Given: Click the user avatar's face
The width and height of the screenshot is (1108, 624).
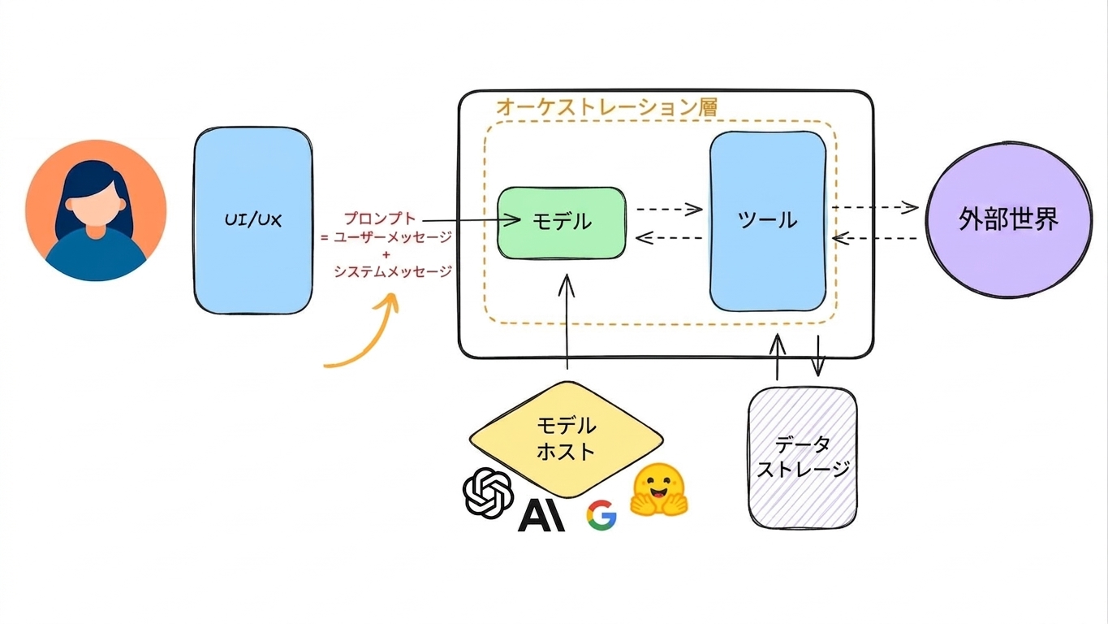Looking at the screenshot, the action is (96, 202).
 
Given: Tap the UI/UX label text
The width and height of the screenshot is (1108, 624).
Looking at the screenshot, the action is (253, 220).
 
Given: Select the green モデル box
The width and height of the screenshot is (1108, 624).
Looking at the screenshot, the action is (562, 223).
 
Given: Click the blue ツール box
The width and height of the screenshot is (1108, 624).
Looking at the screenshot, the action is (768, 221).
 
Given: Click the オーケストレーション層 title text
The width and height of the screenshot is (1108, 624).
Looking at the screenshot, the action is (607, 107).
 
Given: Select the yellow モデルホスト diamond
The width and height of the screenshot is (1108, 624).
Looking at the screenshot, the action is (567, 440).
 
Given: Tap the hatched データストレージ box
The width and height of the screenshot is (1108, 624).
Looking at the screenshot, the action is (802, 457).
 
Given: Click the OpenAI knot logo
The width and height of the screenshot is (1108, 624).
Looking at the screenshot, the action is (488, 492).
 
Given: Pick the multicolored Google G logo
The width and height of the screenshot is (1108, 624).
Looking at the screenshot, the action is (601, 515).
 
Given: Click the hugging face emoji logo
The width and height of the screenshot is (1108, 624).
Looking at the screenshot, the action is (659, 490).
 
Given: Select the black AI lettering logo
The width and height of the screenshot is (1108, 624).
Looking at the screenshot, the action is (541, 516).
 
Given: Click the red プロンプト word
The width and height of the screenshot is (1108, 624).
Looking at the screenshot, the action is (380, 219).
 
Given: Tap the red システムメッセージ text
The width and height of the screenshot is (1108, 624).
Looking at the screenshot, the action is (393, 271).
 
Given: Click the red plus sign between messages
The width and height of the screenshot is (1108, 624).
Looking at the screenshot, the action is (386, 255).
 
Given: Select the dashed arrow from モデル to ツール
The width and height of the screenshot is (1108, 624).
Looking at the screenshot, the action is (669, 209).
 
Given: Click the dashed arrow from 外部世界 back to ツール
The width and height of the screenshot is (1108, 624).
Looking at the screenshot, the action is (874, 238).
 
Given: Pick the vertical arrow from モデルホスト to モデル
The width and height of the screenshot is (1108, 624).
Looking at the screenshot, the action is (567, 322).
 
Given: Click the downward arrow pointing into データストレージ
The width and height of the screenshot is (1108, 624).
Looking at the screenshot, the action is (817, 356).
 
